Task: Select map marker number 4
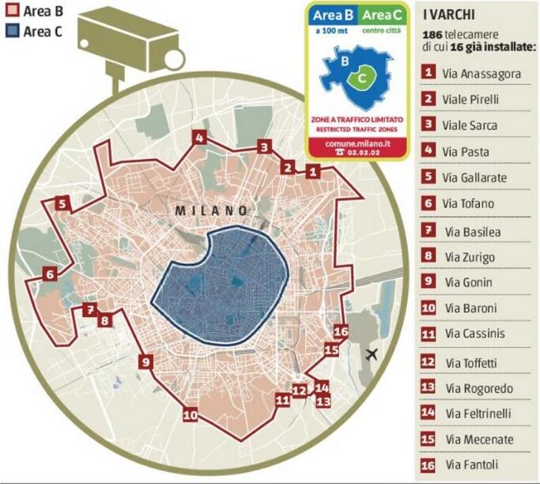200,138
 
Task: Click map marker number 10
190,414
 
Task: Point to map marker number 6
50,275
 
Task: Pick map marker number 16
341,331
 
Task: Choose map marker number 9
145,362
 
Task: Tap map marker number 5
62,204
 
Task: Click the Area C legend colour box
12,31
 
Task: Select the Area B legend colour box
12,13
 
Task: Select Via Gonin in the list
466,281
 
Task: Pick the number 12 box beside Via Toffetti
429,362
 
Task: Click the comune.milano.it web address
358,143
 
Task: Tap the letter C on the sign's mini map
361,78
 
